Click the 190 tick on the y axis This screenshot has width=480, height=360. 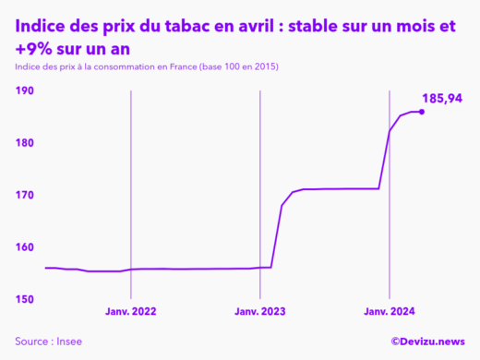[25, 90]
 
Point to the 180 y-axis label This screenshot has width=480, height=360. [25, 143]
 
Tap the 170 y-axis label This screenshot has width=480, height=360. [25, 196]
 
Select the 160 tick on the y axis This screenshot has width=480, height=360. [25, 247]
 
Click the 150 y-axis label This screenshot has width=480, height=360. [25, 299]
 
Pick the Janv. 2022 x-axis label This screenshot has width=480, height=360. [131, 311]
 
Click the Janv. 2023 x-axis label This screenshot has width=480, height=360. [259, 311]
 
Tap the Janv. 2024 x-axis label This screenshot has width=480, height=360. [389, 311]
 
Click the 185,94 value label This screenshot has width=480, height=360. [442, 98]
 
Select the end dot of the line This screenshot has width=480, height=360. [422, 112]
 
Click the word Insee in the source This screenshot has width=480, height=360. [68, 341]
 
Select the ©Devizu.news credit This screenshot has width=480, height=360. [427, 341]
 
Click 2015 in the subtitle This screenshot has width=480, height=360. [267, 67]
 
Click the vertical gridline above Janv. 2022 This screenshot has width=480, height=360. [131, 185]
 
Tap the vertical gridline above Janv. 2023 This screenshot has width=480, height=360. [259, 185]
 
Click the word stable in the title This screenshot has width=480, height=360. [318, 27]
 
